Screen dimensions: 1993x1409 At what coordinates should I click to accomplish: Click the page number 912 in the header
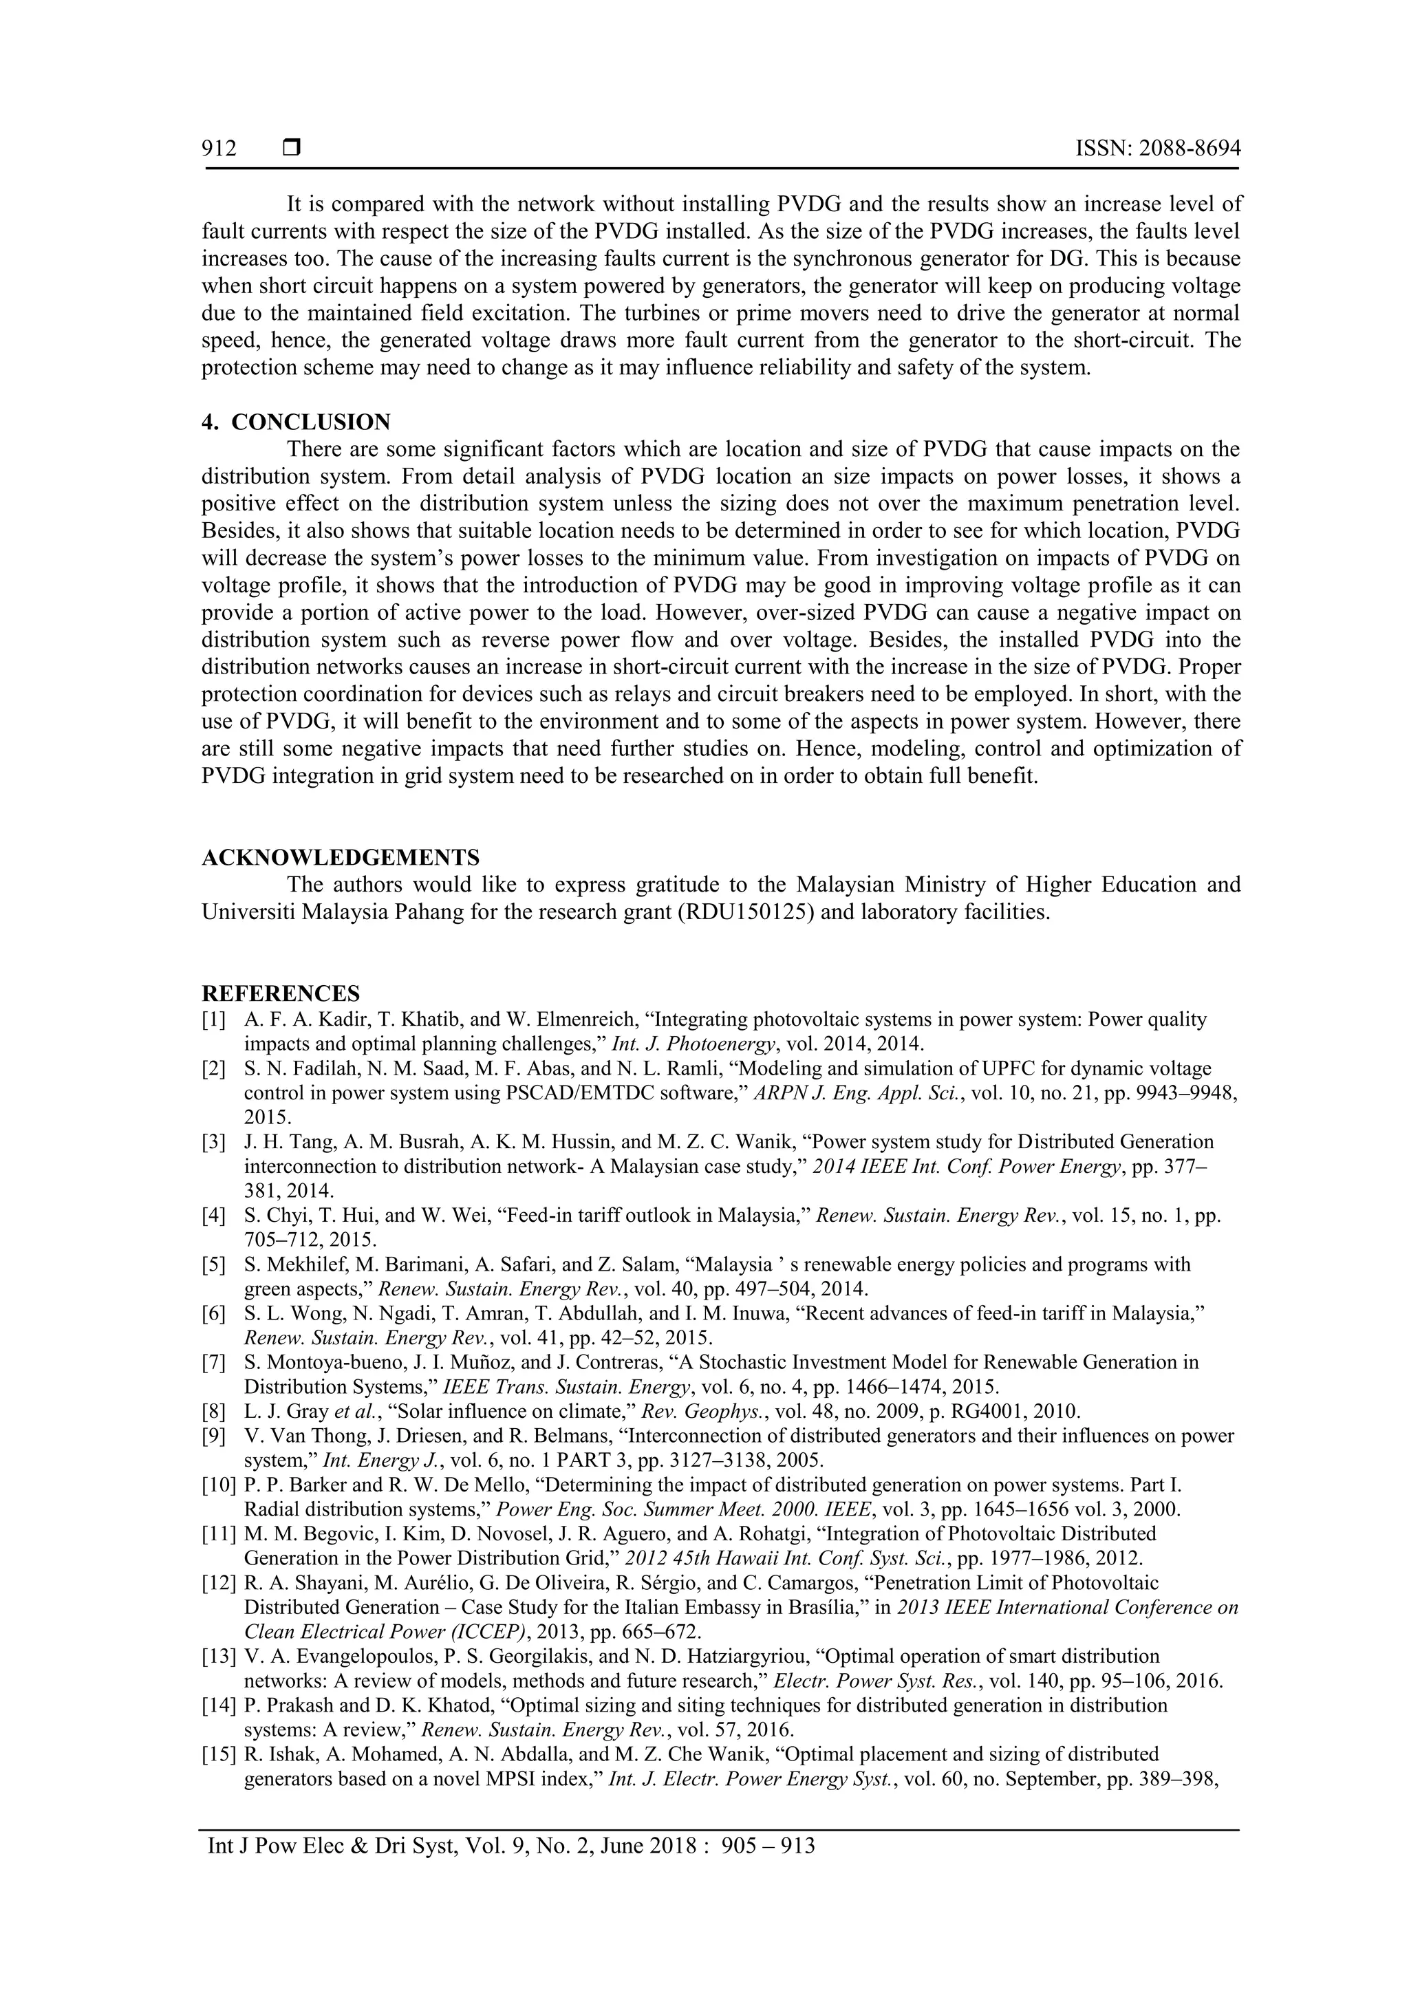[x=219, y=149]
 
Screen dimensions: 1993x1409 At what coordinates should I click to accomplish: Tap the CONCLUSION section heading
[x=310, y=422]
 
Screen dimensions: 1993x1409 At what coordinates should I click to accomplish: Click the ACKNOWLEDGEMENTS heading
[x=341, y=859]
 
